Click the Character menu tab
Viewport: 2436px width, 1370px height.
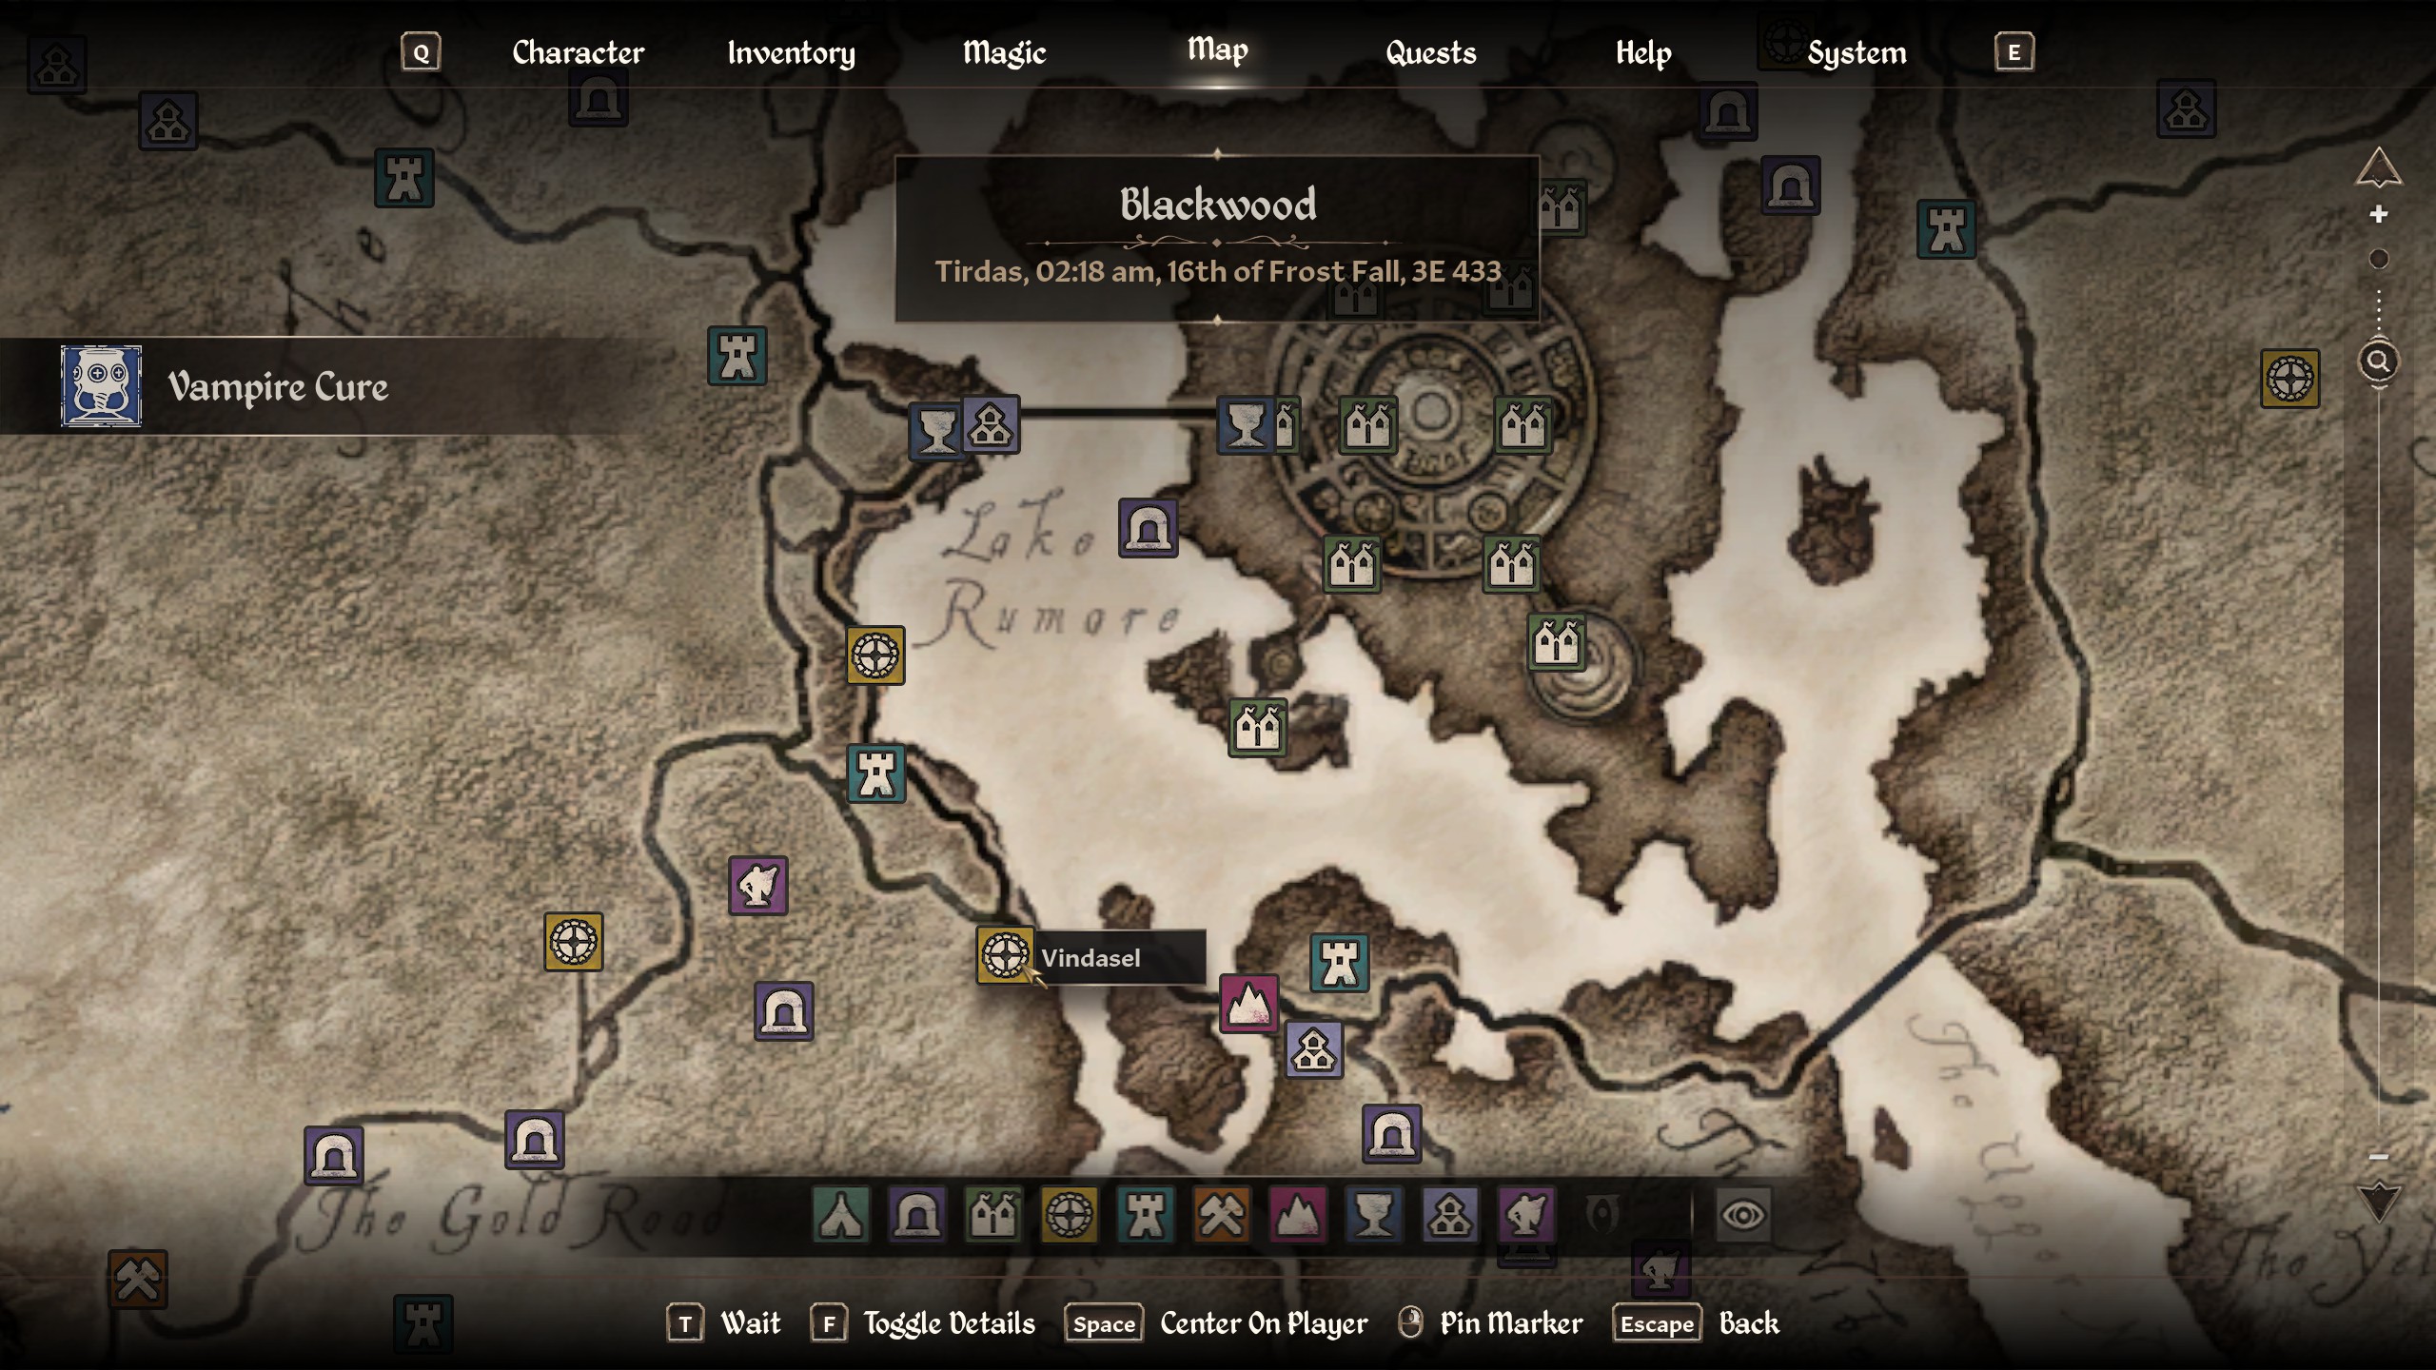(x=578, y=52)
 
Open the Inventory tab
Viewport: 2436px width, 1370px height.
(x=791, y=52)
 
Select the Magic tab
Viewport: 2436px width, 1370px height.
(x=1004, y=52)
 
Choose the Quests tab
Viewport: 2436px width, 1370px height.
(x=1430, y=52)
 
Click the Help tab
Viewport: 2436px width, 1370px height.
(x=1642, y=52)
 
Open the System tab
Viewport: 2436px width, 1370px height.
(x=1856, y=52)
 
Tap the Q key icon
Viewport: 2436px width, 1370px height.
(x=421, y=52)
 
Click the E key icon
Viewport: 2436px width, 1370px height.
(x=2014, y=52)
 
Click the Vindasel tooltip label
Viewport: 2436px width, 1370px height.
(x=1091, y=957)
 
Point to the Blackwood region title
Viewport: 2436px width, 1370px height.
(x=1218, y=205)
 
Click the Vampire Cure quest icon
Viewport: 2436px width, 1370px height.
(x=102, y=386)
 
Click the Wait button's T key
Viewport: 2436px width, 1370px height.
(x=685, y=1323)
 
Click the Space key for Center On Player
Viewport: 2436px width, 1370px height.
(x=1104, y=1323)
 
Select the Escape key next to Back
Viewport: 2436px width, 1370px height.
(x=1657, y=1323)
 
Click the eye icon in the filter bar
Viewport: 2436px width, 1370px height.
(x=1742, y=1215)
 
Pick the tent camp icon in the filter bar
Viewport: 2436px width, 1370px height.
(x=841, y=1215)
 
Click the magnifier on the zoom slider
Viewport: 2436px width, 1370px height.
(x=2378, y=362)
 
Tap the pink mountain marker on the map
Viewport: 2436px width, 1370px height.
(x=1248, y=1003)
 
